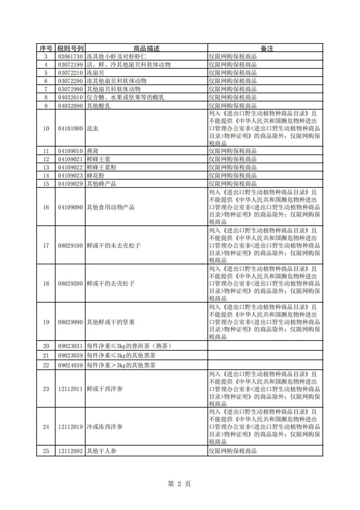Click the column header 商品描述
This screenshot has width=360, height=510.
click(147, 48)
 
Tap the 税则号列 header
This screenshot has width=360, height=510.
click(70, 48)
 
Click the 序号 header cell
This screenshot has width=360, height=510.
click(46, 48)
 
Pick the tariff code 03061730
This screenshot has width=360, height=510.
click(70, 57)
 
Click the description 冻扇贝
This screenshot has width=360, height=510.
click(96, 73)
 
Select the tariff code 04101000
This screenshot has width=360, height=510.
click(70, 129)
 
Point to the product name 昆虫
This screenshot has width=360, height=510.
click(93, 129)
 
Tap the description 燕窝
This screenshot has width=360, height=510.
click(93, 151)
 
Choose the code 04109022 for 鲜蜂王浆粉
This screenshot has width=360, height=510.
click(70, 168)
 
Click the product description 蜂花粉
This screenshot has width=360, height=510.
click(96, 176)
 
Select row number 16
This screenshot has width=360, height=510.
click(46, 207)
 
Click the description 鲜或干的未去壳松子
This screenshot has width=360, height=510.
click(114, 246)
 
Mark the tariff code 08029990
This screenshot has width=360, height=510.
click(70, 322)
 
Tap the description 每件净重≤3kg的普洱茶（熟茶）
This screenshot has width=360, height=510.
click(129, 346)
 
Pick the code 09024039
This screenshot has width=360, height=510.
click(70, 365)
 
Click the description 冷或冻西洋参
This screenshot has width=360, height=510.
click(105, 427)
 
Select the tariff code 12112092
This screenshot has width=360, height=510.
click(70, 451)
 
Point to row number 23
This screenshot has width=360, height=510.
click(46, 389)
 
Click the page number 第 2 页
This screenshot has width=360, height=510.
click(179, 484)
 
